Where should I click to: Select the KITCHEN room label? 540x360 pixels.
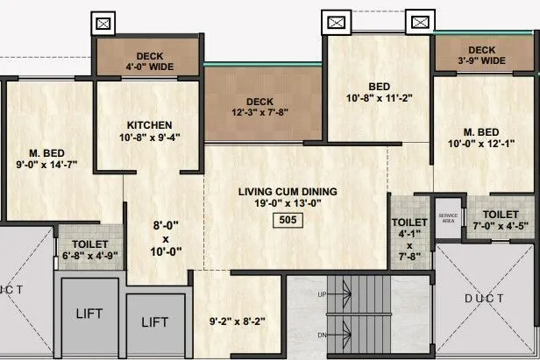(x=149, y=124)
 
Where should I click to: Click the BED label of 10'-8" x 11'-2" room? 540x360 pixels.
(x=379, y=87)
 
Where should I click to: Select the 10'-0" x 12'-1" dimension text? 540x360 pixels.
(x=481, y=143)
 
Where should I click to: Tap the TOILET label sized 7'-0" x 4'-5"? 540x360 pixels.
(x=500, y=213)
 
